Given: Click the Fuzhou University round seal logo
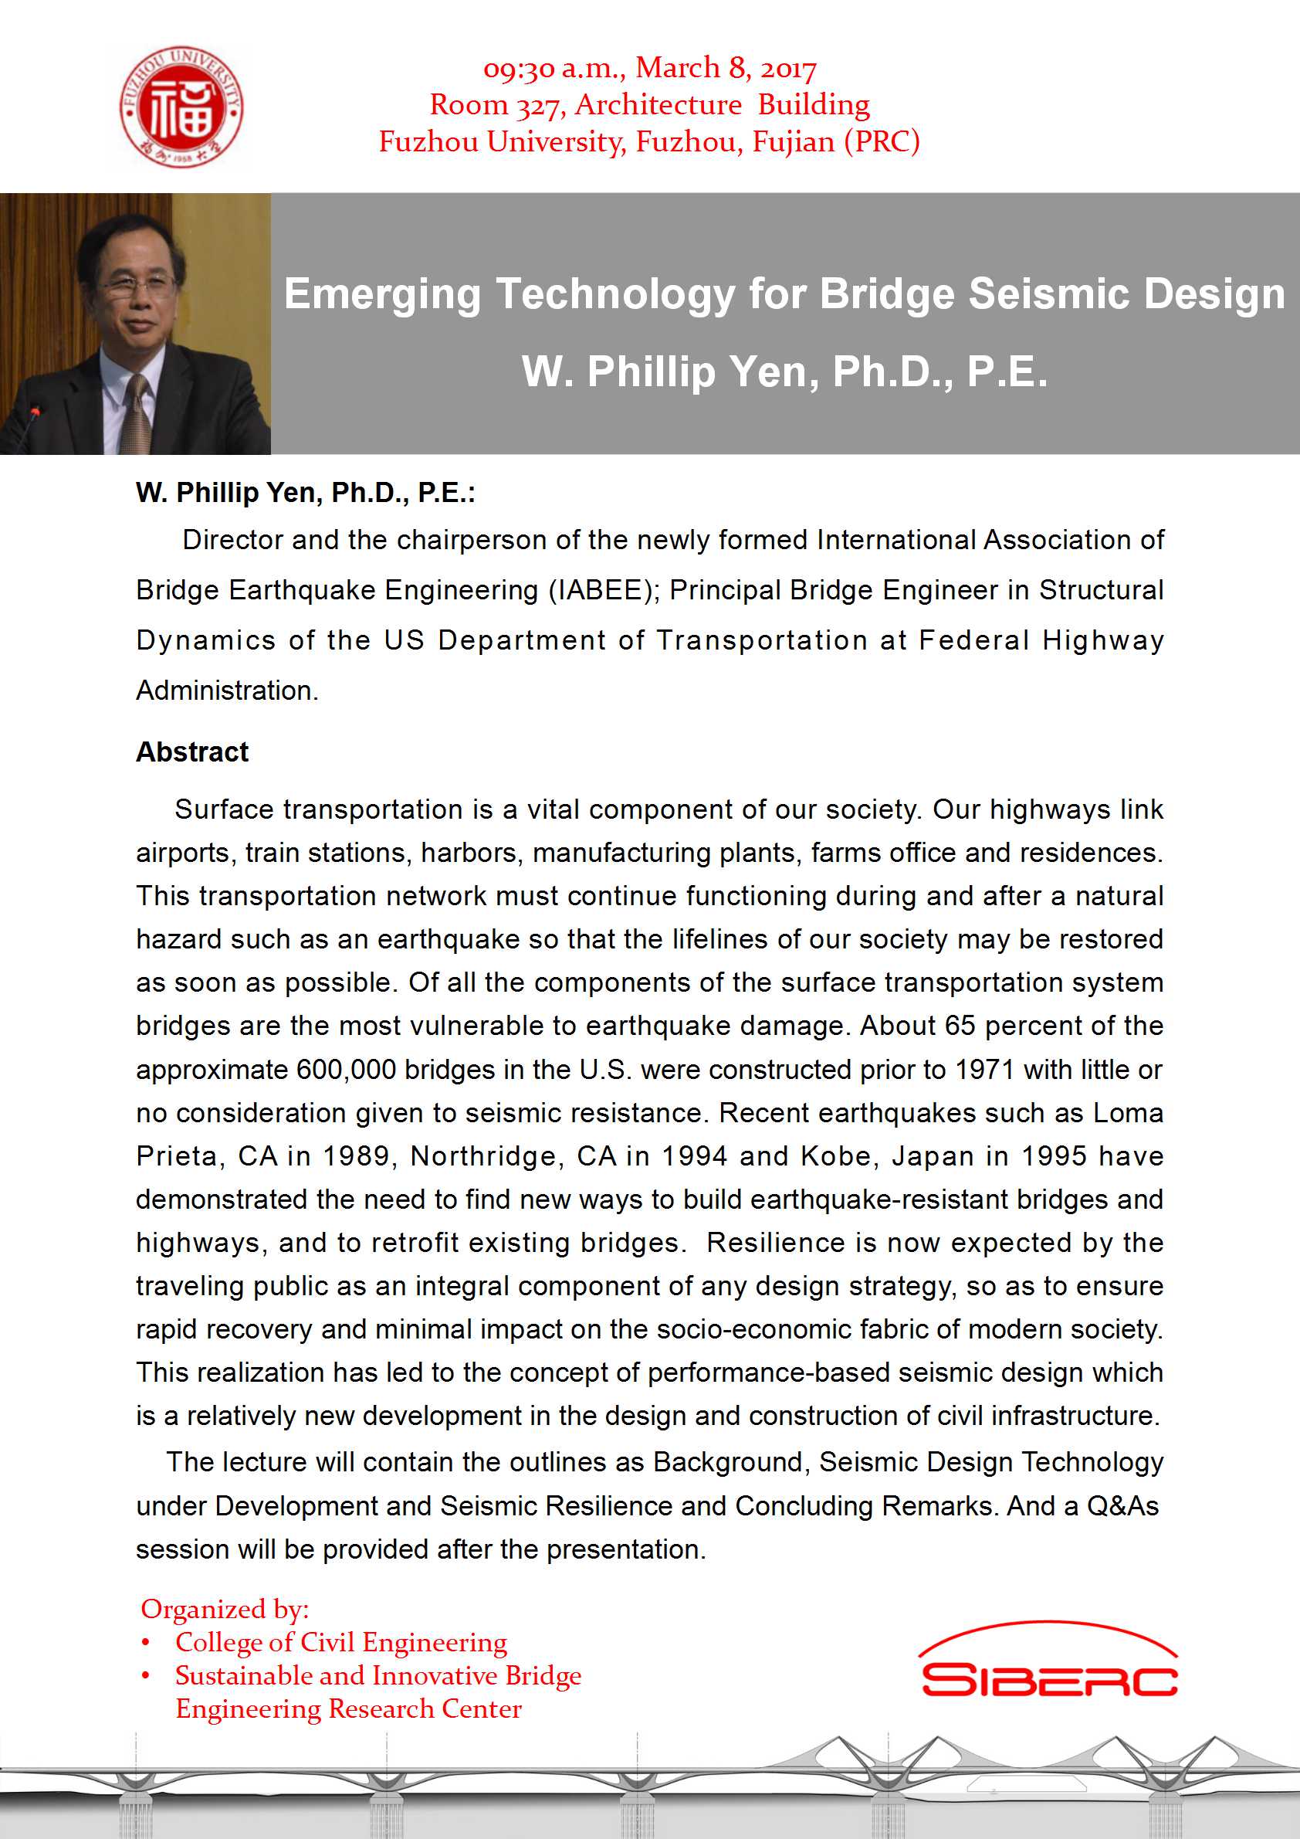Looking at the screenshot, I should click(181, 107).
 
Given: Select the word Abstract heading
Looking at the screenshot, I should click(192, 752).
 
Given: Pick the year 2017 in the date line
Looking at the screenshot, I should click(787, 68).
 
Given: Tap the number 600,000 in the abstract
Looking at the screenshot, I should click(346, 1069).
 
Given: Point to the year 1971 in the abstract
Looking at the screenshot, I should click(984, 1069).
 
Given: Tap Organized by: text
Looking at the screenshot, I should click(224, 1609).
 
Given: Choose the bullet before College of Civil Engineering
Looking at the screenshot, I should click(145, 1643).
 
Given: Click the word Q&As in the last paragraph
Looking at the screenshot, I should click(1122, 1506).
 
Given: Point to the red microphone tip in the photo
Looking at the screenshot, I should click(36, 412).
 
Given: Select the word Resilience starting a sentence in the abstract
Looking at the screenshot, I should click(775, 1242).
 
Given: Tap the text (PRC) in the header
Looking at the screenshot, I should click(882, 142).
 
